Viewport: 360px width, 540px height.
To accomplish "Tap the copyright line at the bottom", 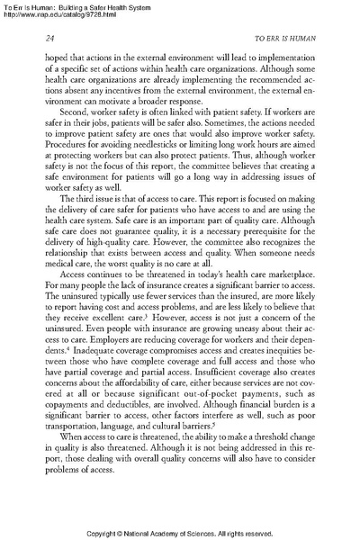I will (x=180, y=530).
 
